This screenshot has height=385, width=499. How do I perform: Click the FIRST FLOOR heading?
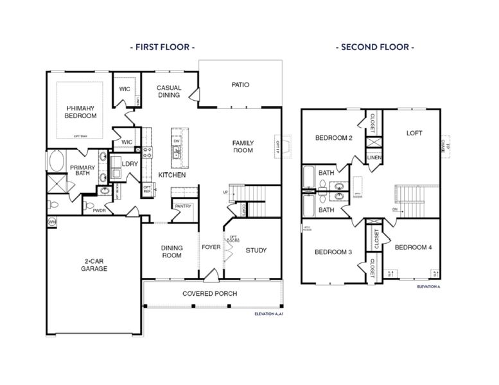162,47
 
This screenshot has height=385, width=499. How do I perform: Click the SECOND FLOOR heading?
374,47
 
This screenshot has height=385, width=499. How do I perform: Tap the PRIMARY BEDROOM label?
80,112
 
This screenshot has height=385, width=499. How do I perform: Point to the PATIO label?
240,85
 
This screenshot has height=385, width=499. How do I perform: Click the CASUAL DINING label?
170,92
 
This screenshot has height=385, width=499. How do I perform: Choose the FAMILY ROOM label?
243,147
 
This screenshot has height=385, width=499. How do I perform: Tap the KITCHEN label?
172,175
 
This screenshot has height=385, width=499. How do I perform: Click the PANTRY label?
184,206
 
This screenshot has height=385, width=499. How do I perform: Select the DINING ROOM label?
171,252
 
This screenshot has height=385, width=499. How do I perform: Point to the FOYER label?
211,247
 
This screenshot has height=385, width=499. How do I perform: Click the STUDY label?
256,250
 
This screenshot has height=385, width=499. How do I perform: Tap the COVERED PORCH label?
209,294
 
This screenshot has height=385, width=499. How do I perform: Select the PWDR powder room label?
99,210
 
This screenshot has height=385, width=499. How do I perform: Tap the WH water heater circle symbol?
51,221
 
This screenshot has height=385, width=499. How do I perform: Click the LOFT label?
414,133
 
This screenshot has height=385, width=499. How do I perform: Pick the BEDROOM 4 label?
414,248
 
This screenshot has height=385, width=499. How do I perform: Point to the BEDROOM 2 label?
333,138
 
